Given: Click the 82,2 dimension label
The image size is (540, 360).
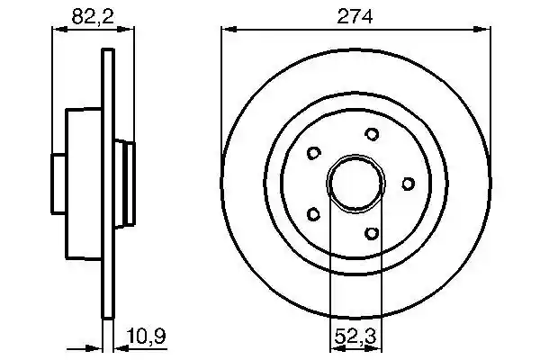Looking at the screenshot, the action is click(93, 16).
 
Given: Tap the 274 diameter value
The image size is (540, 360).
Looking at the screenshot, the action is click(355, 16).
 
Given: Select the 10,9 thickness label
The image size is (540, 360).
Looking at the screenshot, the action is click(146, 336).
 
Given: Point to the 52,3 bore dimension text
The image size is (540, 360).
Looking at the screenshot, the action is click(356, 336).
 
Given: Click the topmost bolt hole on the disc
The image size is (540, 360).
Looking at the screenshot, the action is click(372, 134).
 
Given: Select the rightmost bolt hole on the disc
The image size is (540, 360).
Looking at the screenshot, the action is click(408, 184).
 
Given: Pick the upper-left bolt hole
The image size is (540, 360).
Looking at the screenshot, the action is click(313, 153).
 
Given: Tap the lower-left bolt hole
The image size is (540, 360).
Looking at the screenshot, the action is click(313, 214).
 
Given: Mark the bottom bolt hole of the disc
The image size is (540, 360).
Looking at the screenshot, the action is click(372, 233).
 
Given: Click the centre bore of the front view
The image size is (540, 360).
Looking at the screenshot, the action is click(355, 184).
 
